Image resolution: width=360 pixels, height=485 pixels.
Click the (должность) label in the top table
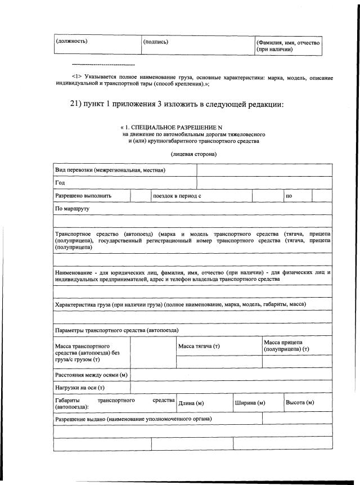pyautogui.click(x=71, y=41)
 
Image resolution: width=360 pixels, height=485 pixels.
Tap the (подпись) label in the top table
pyautogui.click(x=156, y=41)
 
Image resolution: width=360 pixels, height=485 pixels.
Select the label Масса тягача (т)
pyautogui.click(x=199, y=345)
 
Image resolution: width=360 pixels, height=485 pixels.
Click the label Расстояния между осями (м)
pyautogui.click(x=91, y=375)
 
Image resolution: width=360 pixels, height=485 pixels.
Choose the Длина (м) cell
pyautogui.click(x=191, y=403)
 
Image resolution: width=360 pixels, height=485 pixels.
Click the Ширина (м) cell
pyautogui.click(x=249, y=403)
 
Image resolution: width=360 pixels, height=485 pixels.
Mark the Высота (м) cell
pyautogui.click(x=300, y=403)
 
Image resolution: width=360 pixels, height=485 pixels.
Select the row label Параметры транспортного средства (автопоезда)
pyautogui.click(x=116, y=330)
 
